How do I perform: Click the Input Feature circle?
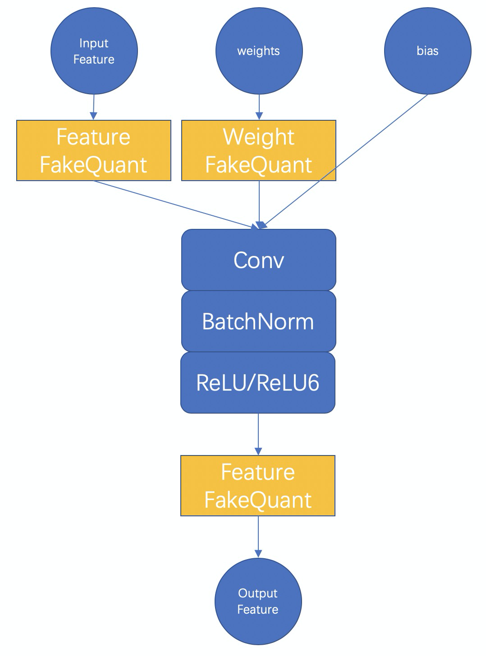[94, 51]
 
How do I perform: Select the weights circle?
[259, 51]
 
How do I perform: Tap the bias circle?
[428, 51]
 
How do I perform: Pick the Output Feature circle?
[258, 601]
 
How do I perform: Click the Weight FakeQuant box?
[259, 150]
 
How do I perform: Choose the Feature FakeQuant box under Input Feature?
[93, 150]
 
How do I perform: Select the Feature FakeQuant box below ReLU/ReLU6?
[258, 485]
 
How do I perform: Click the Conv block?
[259, 260]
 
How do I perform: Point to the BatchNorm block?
[259, 321]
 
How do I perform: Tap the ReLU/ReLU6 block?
[258, 383]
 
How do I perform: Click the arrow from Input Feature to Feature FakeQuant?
[94, 107]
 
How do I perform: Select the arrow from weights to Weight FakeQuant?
[259, 107]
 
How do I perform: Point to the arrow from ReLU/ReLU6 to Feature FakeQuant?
[258, 434]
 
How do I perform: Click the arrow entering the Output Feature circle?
[258, 537]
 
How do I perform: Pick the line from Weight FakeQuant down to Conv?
[259, 205]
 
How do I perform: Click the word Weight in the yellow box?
[259, 137]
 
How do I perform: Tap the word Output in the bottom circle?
[258, 593]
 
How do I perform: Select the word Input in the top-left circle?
[94, 43]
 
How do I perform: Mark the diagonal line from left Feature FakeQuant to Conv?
[176, 205]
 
